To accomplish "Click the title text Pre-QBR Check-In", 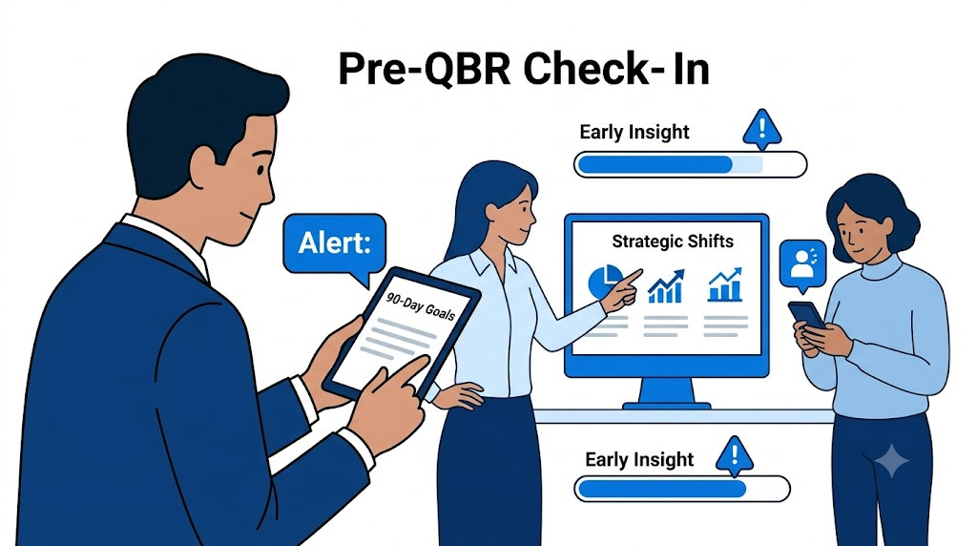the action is coord(524,69).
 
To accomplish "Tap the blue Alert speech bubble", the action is coord(335,245).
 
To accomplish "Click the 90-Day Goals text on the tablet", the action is coord(421,306).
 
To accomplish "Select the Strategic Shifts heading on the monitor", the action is coord(673,241).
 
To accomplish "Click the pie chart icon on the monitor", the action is coord(605,281).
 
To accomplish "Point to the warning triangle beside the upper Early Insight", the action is coord(761,129).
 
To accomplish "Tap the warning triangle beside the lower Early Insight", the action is coord(734,454).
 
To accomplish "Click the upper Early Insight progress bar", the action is coord(690,164).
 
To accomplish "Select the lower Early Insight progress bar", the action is coord(681,489).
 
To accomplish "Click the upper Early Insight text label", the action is coord(634,132).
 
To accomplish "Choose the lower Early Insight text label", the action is coord(639,460).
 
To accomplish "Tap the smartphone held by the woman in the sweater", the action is coord(807,315).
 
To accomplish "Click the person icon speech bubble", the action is coord(802,264).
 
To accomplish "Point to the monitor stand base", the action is coord(667,406).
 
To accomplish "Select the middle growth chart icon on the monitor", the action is coord(665,286).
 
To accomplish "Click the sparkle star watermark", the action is coord(892,461).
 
